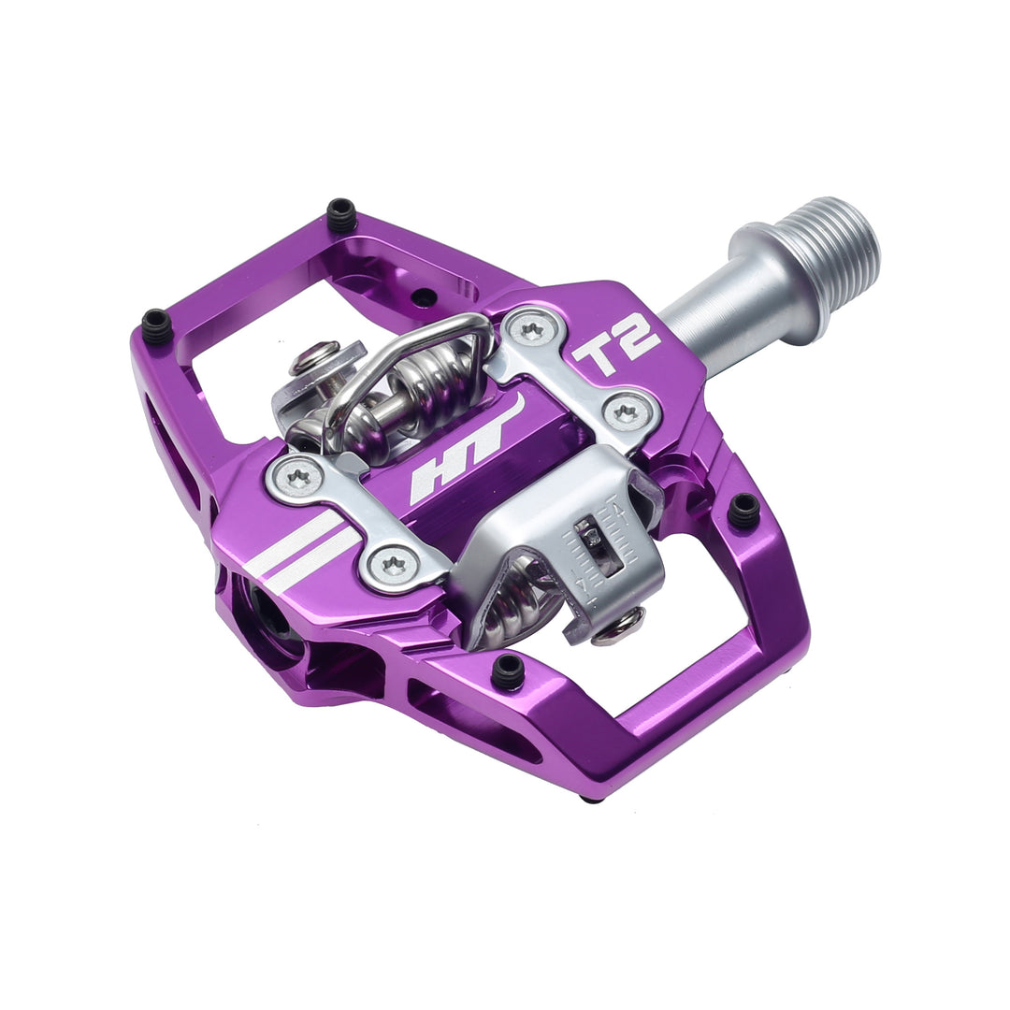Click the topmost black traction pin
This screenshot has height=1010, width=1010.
[341, 215]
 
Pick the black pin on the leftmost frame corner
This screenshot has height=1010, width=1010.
[156, 325]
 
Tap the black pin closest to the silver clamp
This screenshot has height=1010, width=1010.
[744, 511]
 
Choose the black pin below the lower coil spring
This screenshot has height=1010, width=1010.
[508, 671]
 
